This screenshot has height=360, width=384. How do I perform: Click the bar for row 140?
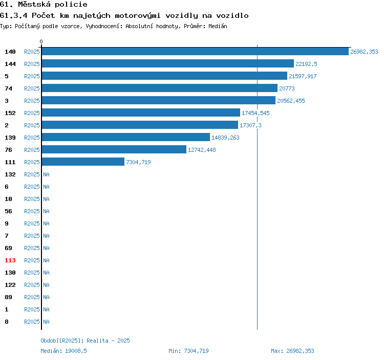coord(195,51)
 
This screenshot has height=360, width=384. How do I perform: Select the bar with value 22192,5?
coord(168,63)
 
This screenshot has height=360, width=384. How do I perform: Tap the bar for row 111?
coord(83,162)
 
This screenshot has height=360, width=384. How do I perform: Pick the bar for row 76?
coord(114,149)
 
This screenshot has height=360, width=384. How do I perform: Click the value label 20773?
coord(287,88)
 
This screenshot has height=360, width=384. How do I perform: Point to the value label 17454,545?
coord(255,113)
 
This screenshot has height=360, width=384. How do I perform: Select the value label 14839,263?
coord(225,138)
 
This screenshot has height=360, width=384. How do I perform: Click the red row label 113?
coord(10,260)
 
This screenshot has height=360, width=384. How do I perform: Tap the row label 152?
coord(10,113)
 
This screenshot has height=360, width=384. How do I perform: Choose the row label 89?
coord(8,297)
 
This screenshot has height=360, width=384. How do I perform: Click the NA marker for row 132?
coord(46,174)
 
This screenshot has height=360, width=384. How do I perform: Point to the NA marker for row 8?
coord(46,322)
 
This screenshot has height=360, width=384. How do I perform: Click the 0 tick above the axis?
coord(41,41)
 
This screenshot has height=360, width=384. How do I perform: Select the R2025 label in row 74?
coord(32,88)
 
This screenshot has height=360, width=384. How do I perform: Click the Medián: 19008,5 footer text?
coord(63,351)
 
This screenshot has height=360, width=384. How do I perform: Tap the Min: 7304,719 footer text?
coord(188,351)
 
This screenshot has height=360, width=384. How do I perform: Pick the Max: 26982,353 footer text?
coord(292,351)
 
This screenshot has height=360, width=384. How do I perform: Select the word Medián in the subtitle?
coord(218,26)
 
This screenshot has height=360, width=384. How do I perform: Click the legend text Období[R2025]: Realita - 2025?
coord(85,341)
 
